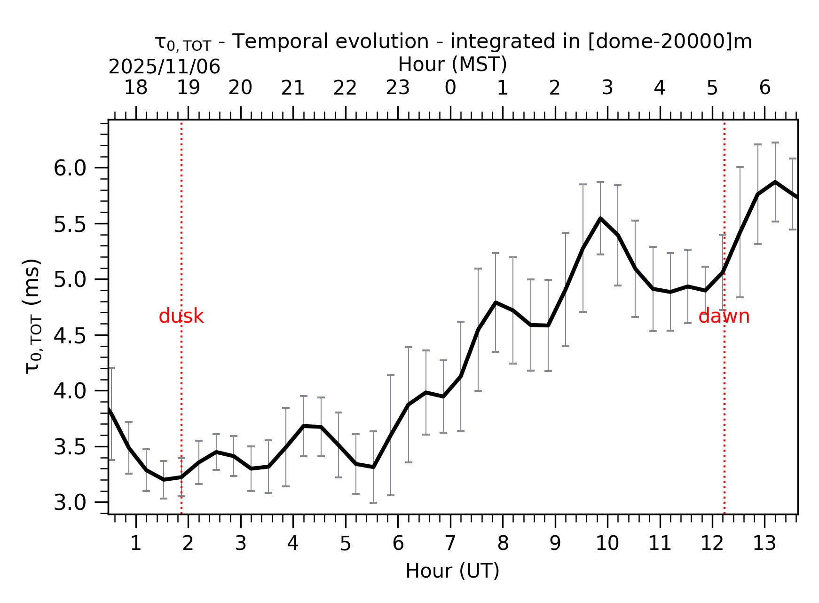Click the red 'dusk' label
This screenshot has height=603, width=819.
pyautogui.click(x=181, y=317)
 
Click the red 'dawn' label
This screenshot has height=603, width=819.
pyautogui.click(x=724, y=317)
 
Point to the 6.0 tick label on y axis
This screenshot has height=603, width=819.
pyautogui.click(x=70, y=168)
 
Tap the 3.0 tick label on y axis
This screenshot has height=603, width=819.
pyautogui.click(x=70, y=503)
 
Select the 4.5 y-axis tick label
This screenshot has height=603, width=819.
pyautogui.click(x=70, y=336)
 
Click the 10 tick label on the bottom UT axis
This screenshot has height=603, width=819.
pyautogui.click(x=607, y=544)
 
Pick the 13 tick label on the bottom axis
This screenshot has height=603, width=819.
pyautogui.click(x=764, y=544)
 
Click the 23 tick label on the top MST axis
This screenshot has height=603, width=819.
pyautogui.click(x=398, y=88)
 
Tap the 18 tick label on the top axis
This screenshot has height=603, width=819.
pyautogui.click(x=135, y=88)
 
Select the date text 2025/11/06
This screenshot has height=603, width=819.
pyautogui.click(x=164, y=67)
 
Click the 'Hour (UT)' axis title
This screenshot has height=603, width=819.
pyautogui.click(x=452, y=571)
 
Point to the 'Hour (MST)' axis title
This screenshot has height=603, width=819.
pyautogui.click(x=452, y=64)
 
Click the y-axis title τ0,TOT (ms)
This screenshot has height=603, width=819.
pyautogui.click(x=33, y=316)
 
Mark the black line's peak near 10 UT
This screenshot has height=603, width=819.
pyautogui.click(x=600, y=218)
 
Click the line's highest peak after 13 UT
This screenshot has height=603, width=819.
pyautogui.click(x=775, y=182)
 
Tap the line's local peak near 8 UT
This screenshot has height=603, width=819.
pyautogui.click(x=496, y=302)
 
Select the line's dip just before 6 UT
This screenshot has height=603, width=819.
pyautogui.click(x=373, y=467)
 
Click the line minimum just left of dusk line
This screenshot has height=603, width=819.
pyautogui.click(x=164, y=480)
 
